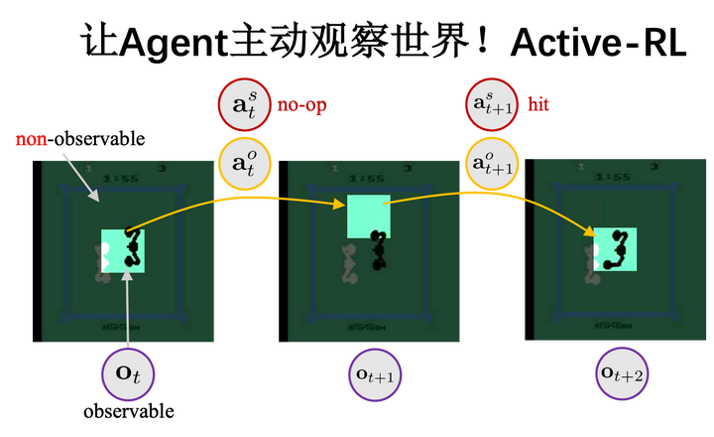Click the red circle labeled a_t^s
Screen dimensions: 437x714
pos(244,104)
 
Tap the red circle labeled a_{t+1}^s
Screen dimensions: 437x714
pos(492,104)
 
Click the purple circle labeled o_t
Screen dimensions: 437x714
pos(129,373)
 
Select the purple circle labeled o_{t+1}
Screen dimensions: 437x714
pos(376,373)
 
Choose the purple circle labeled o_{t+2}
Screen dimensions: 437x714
pos(622,373)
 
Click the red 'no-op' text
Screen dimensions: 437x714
pos(301,104)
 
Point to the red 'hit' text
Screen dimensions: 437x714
pos(537,104)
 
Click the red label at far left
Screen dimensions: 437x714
pos(32,140)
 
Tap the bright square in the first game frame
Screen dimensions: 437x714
pos(123,250)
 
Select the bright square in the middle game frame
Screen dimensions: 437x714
pos(368,217)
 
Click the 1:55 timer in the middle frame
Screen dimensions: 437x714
pos(367,179)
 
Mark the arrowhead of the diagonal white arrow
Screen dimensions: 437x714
pos(95,199)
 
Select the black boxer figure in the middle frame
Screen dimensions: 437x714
pos(376,251)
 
